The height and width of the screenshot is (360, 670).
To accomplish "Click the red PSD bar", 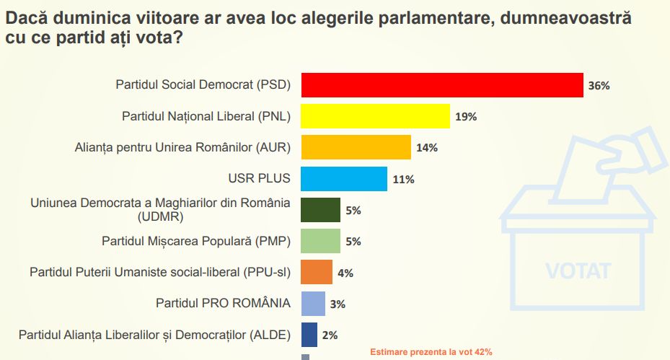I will click(x=441, y=85).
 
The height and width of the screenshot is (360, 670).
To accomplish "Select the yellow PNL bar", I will click(x=375, y=116).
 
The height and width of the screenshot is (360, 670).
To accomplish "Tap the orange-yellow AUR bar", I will click(x=356, y=147).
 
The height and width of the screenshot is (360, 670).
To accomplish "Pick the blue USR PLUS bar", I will click(x=343, y=178).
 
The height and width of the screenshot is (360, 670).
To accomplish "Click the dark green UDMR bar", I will click(x=320, y=210).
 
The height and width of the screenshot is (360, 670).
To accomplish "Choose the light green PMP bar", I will click(x=320, y=241).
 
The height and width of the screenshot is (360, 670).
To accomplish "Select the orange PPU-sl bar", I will click(x=317, y=272).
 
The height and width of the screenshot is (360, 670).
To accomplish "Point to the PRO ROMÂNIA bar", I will click(x=313, y=303).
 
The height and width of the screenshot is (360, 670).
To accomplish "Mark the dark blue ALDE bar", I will click(x=309, y=335).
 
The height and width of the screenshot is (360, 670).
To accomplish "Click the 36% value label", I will click(x=599, y=86).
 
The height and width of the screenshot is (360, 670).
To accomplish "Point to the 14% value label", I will click(x=427, y=148).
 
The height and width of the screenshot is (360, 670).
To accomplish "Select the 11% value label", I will click(x=404, y=179).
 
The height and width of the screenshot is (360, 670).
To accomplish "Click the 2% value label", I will click(x=330, y=335).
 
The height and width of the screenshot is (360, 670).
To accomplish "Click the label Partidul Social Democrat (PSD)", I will click(x=203, y=85).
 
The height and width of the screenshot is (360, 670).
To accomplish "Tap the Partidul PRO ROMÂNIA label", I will click(x=223, y=303).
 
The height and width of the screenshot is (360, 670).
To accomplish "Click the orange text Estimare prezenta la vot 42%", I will click(x=431, y=352).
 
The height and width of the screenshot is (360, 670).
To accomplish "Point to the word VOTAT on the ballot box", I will click(x=578, y=271).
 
